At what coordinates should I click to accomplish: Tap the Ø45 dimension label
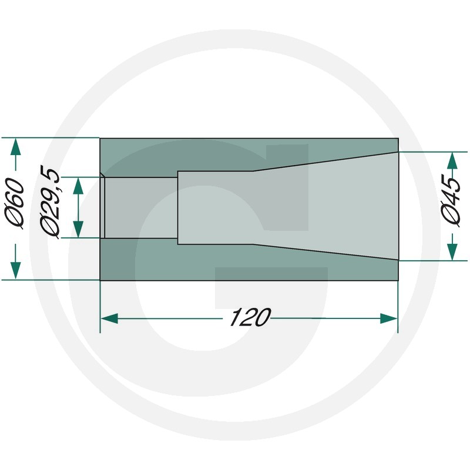coord(451,202)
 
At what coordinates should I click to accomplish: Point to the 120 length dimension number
coord(250,317)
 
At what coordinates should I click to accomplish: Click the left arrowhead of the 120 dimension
coord(109,318)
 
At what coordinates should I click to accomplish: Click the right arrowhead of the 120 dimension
coord(388,318)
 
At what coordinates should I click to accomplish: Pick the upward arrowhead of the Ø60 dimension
coord(16,146)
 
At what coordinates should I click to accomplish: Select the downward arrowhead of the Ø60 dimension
coord(16,270)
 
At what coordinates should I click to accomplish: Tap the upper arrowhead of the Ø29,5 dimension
coord(78,186)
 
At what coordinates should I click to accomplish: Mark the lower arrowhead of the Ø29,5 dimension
coord(78,229)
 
